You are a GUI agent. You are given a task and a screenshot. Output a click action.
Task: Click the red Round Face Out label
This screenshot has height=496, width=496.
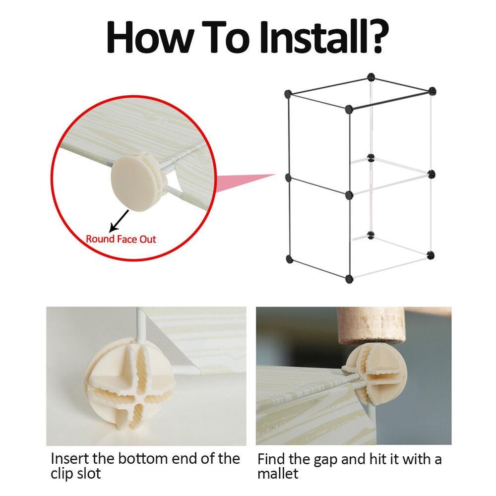click(x=121, y=239)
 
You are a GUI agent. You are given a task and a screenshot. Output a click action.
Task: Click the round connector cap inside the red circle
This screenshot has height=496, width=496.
click(x=130, y=177)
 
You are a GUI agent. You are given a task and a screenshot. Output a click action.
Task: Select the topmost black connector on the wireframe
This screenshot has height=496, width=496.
click(x=370, y=77)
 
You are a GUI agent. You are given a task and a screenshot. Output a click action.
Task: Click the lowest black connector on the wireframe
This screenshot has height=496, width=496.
click(x=349, y=278)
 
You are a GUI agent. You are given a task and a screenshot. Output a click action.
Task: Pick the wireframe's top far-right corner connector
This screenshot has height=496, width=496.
click(x=432, y=91)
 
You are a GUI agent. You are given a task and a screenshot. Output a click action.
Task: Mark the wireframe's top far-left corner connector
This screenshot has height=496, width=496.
click(x=287, y=93)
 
